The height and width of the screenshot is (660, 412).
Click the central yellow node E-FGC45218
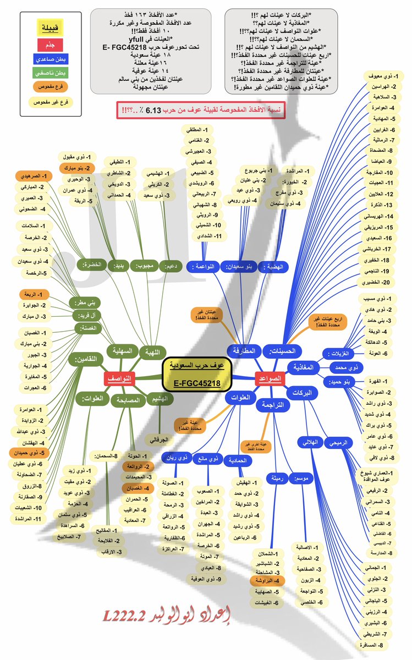[x=197, y=375]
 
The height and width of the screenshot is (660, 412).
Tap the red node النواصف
[x=119, y=379]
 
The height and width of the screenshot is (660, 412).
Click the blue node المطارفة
[x=244, y=350]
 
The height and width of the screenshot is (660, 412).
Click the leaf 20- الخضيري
[x=378, y=282]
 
